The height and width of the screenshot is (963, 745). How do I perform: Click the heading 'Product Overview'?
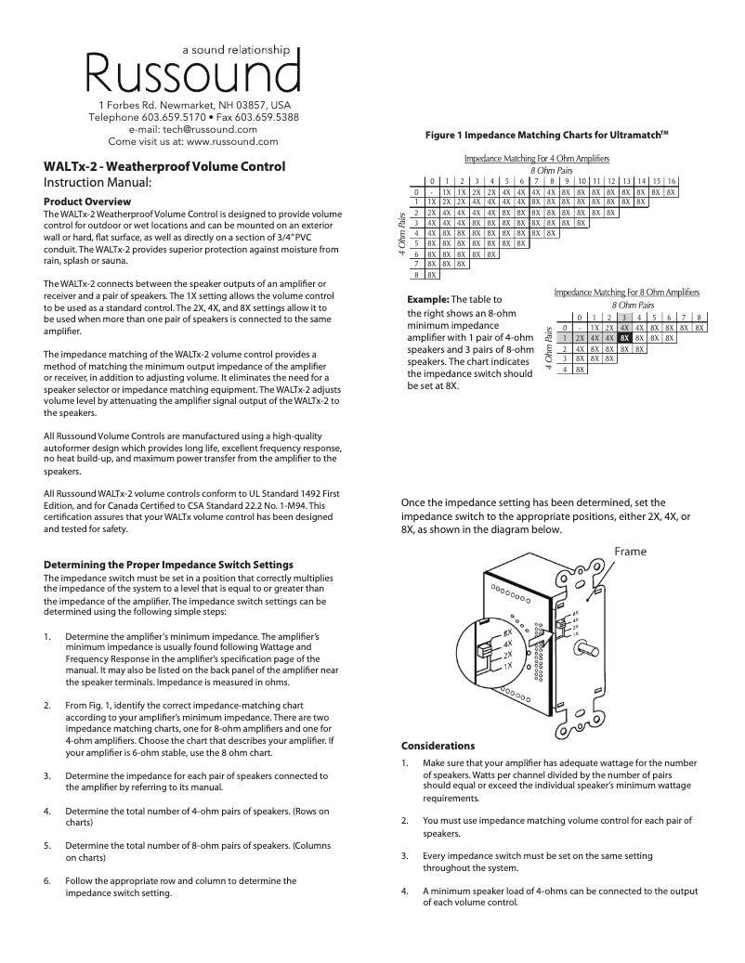tap(88, 202)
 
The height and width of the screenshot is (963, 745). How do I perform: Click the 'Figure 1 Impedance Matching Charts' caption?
tap(546, 136)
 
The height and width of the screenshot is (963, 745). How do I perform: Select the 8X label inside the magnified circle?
tap(507, 631)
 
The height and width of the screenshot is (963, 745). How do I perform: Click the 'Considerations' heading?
tap(438, 747)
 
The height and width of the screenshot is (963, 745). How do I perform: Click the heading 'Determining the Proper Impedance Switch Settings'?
tap(169, 565)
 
